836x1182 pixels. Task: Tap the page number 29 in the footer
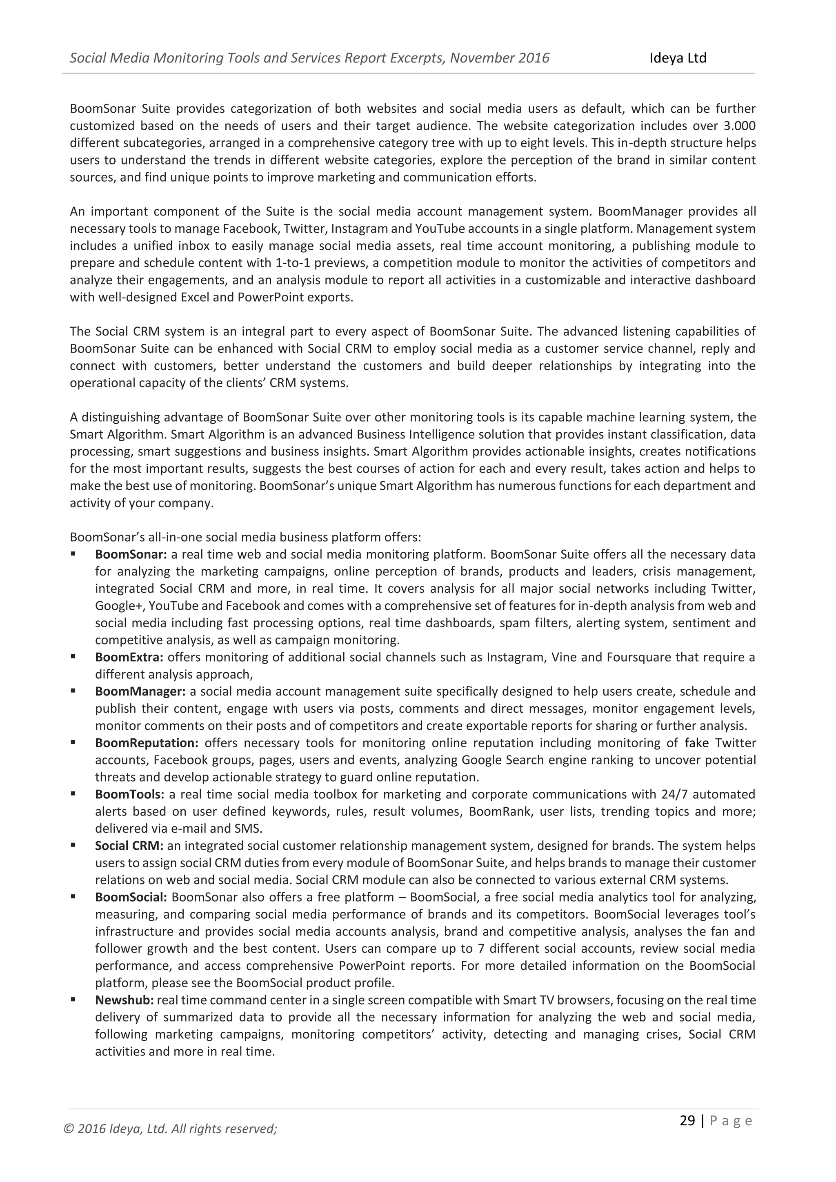(x=687, y=1121)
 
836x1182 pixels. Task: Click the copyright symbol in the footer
(x=67, y=1129)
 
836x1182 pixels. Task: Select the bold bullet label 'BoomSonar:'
(x=131, y=554)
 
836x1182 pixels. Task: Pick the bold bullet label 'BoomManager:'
(x=140, y=691)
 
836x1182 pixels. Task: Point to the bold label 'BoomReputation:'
(x=147, y=743)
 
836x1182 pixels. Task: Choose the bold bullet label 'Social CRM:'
(x=129, y=846)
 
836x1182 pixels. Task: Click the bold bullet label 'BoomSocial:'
(x=131, y=897)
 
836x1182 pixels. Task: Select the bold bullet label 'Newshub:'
(x=124, y=1000)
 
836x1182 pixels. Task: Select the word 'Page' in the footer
(x=731, y=1121)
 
